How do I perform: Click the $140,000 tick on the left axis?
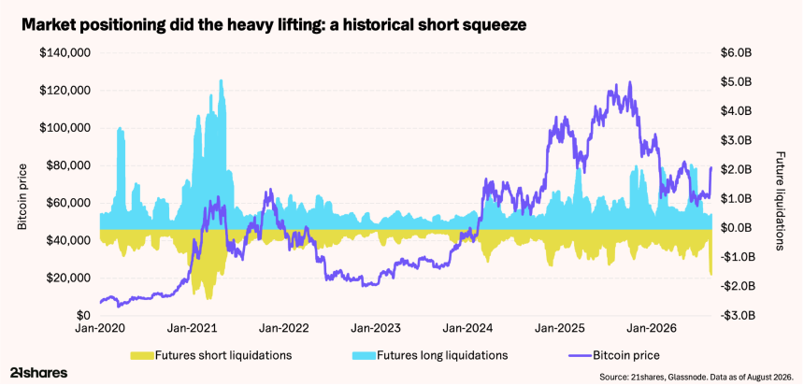(x=65, y=53)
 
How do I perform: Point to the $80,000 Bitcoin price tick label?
(x=67, y=165)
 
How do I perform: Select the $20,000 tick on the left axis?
(x=67, y=279)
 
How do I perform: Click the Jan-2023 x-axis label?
(x=375, y=327)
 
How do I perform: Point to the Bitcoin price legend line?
(x=580, y=355)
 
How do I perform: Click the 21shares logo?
(x=38, y=373)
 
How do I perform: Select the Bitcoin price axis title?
(x=22, y=195)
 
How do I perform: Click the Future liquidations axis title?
(x=781, y=200)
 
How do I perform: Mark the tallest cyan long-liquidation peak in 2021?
(x=221, y=82)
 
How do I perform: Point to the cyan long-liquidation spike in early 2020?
(x=120, y=131)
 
